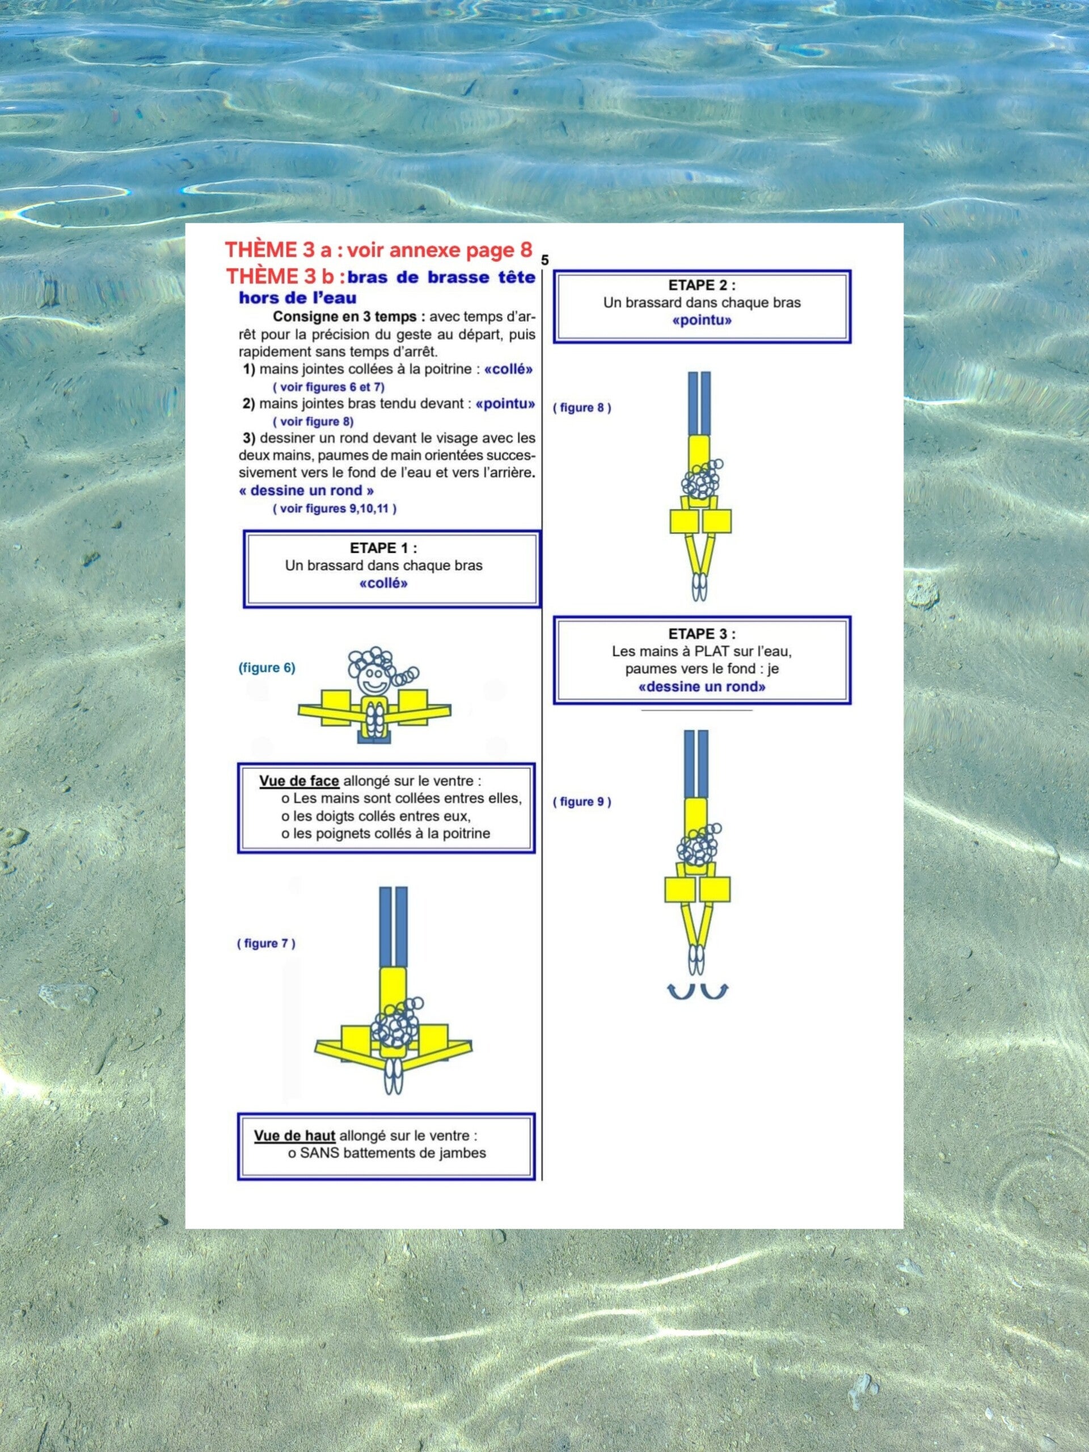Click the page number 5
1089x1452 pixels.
tap(545, 260)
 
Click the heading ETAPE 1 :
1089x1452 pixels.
tap(383, 548)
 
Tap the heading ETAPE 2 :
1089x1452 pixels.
tap(702, 285)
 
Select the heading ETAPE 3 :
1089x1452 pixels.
tap(702, 634)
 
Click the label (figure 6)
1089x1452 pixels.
tap(267, 668)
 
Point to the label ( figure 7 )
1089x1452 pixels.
tap(266, 943)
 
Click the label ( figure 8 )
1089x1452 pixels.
tap(581, 408)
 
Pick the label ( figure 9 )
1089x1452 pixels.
tap(581, 801)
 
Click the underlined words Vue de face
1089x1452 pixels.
tap(299, 781)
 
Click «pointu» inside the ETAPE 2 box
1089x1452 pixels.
tap(702, 321)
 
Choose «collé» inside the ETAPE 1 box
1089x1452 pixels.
tap(383, 584)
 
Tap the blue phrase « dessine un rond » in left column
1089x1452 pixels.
tap(306, 491)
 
